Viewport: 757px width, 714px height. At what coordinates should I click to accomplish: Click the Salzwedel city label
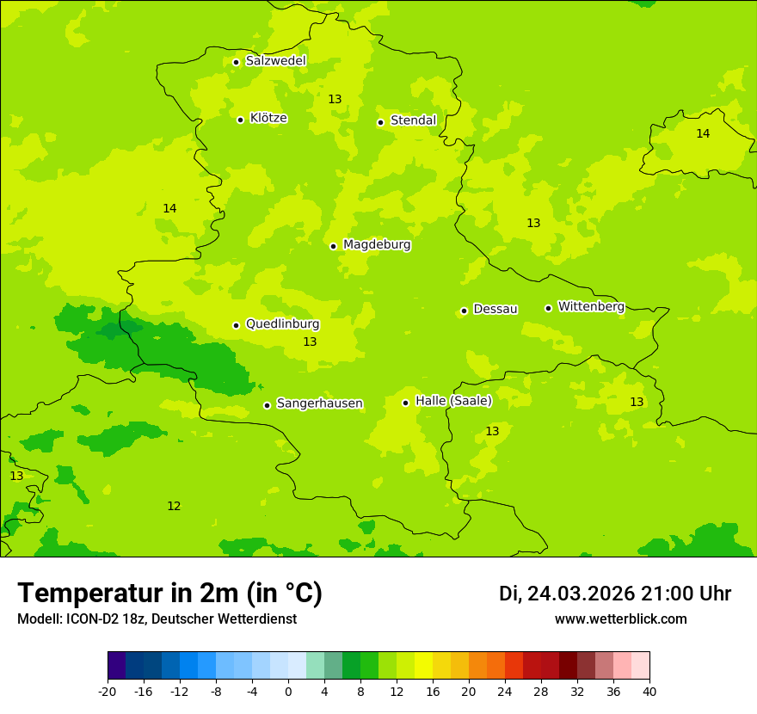click(275, 61)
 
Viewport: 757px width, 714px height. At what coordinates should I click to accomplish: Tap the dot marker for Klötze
click(240, 120)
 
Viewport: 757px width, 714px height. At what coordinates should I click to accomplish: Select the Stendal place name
click(413, 120)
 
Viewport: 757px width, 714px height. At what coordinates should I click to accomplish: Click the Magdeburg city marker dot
click(333, 246)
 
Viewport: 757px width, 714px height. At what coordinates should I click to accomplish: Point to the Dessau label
click(495, 309)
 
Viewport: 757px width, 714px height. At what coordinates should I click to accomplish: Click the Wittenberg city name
click(591, 306)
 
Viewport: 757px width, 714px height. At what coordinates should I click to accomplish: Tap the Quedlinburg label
click(282, 324)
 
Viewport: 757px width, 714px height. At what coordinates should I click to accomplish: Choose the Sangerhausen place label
click(319, 403)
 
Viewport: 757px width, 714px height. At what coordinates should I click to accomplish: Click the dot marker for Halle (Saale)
click(405, 403)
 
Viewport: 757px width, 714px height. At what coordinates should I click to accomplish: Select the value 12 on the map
click(174, 506)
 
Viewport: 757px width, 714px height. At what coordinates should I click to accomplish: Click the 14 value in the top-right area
click(703, 133)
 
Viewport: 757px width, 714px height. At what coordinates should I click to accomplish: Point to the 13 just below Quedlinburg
click(310, 342)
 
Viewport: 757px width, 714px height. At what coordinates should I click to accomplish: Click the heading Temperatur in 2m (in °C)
click(169, 593)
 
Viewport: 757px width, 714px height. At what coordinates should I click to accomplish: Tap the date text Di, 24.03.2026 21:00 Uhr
click(615, 594)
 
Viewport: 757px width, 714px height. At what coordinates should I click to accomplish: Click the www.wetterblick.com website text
click(620, 619)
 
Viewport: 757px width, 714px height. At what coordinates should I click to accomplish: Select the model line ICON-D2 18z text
click(157, 619)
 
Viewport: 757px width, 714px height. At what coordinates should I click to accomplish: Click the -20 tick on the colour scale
click(108, 692)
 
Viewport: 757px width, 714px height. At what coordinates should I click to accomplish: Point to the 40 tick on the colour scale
click(649, 692)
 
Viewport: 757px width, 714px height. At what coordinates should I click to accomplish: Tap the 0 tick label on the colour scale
click(288, 692)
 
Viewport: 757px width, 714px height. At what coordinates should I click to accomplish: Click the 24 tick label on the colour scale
click(504, 692)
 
